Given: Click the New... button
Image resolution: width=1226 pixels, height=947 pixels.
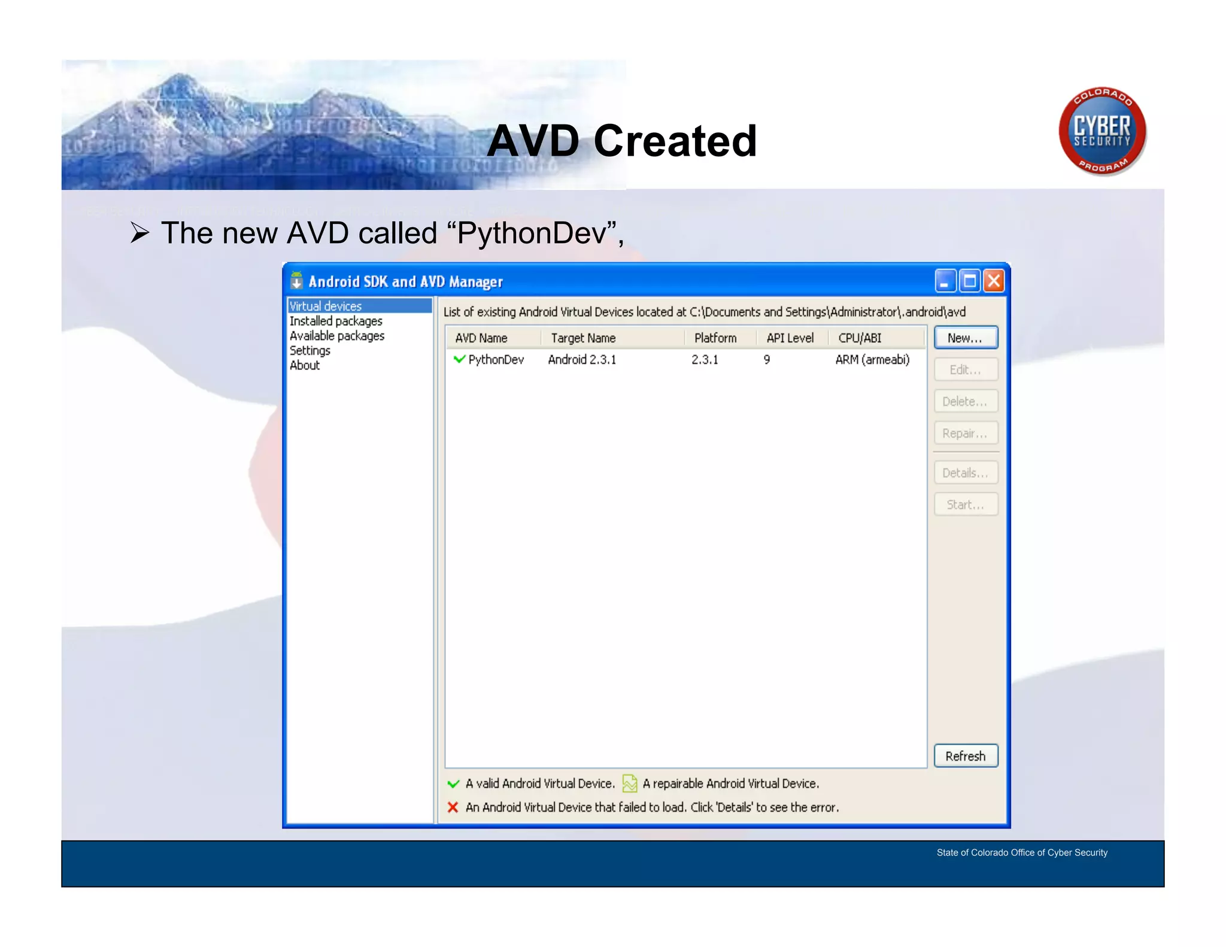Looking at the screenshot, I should click(x=965, y=338).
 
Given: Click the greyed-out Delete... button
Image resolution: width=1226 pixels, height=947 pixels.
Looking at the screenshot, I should click(x=965, y=401).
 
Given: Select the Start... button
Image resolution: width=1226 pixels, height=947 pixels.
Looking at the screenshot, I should click(x=965, y=505).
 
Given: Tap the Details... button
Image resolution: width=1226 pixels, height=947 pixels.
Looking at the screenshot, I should click(x=965, y=473).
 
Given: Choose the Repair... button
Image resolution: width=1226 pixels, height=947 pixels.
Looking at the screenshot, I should click(x=965, y=433).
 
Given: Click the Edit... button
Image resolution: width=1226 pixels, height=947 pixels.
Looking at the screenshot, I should click(x=965, y=369).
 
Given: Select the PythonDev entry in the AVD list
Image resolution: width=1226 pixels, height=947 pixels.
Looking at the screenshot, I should click(x=495, y=360).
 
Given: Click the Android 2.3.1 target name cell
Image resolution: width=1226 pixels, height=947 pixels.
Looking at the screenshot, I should click(x=582, y=360).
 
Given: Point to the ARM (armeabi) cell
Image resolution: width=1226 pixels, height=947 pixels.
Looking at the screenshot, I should click(x=872, y=360).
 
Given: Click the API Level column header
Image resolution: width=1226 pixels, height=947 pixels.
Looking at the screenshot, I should click(x=790, y=338).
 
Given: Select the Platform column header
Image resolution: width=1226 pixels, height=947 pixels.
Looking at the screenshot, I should click(x=715, y=338).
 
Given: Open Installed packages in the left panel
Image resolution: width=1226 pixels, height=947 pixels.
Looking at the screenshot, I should click(x=336, y=321).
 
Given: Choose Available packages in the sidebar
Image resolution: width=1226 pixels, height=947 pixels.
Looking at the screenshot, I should click(x=337, y=336).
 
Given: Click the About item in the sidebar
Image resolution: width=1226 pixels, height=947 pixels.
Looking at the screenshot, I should click(x=305, y=365).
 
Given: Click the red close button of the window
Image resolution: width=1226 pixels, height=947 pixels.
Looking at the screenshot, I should click(x=994, y=281).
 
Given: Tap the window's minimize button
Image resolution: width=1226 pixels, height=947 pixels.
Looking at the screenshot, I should click(x=945, y=281).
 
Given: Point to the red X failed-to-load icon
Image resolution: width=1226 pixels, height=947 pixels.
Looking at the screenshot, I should click(x=453, y=808).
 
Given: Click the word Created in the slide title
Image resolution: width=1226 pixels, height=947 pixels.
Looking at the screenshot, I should click(x=675, y=141).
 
